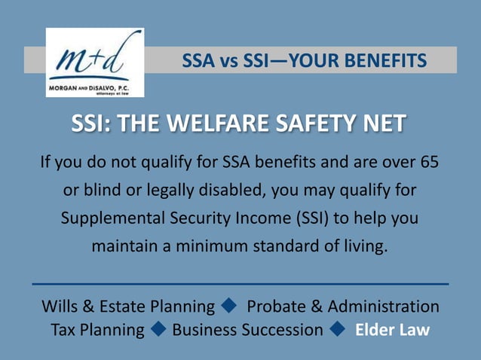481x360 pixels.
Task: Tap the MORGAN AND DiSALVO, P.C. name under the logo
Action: [88, 87]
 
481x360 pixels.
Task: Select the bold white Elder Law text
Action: [392, 330]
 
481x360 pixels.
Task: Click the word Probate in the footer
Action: [274, 307]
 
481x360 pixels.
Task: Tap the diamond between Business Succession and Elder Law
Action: [338, 329]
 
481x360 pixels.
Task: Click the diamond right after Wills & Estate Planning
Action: [230, 307]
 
